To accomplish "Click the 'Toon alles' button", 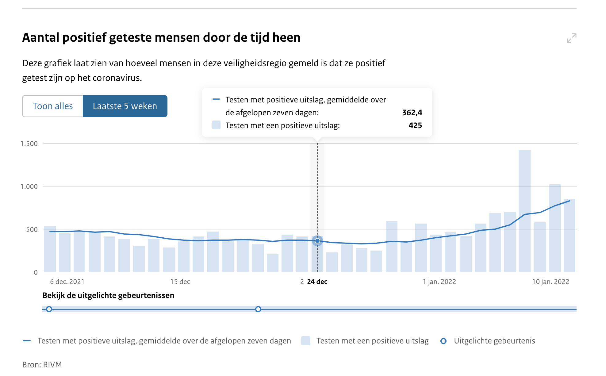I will [x=53, y=106].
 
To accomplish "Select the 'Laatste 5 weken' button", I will [x=125, y=106].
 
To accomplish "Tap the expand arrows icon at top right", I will [x=571, y=38].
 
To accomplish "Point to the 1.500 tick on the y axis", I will [x=29, y=144].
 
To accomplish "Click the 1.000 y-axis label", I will [x=29, y=186].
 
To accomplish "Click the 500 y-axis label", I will [x=32, y=229].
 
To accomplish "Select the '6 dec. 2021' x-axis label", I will [x=67, y=282].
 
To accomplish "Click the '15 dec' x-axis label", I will [x=180, y=282].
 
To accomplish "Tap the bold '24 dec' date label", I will [x=317, y=282].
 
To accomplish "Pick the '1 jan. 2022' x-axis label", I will [x=439, y=282].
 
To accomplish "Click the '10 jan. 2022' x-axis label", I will [x=550, y=282].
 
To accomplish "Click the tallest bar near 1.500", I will [x=524, y=212].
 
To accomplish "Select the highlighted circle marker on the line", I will [x=317, y=241].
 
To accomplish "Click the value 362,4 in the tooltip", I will [x=412, y=113].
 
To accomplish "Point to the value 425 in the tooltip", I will [x=415, y=125].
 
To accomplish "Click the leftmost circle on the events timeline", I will [x=49, y=309].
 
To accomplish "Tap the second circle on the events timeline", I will [x=258, y=309].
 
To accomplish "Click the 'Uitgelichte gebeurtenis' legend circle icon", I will [x=443, y=341].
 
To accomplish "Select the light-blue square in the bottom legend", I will [x=306, y=341].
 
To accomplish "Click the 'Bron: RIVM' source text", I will [x=42, y=365].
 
